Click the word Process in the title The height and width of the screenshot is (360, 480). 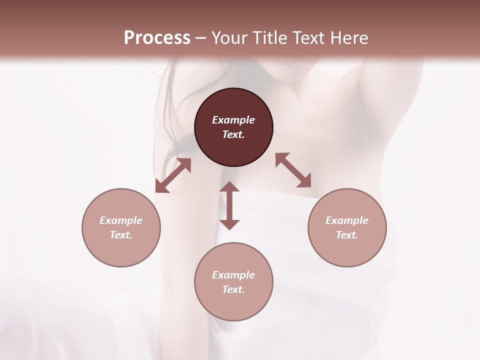tap(157, 38)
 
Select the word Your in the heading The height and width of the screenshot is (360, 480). tap(229, 38)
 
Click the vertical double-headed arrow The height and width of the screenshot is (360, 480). tap(229, 205)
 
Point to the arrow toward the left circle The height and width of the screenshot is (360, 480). tap(173, 175)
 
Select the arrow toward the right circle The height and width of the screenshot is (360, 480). tap(293, 170)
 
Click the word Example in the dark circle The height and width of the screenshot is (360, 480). tap(233, 120)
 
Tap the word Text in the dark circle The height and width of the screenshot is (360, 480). tap(233, 134)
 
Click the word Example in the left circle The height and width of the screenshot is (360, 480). tap(121, 220)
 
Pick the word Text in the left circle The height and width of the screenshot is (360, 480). tap(121, 235)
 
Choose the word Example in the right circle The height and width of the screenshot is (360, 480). tap(347, 220)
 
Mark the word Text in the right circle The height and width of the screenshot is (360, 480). tap(347, 235)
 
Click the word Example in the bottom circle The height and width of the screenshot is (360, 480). tap(233, 275)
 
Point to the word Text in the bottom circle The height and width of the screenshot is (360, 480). tap(233, 289)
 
